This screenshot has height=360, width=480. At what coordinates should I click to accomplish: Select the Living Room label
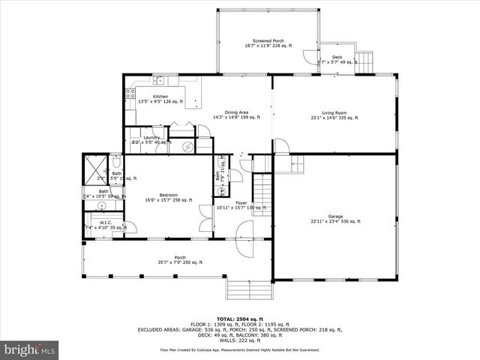(334, 112)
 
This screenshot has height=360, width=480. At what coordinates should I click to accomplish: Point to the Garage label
(334, 216)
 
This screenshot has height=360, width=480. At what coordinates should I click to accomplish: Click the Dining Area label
(236, 112)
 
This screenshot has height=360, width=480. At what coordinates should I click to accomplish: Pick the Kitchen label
(160, 97)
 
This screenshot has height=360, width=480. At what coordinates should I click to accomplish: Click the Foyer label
(241, 202)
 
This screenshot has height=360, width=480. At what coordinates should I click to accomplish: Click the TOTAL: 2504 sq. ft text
(239, 319)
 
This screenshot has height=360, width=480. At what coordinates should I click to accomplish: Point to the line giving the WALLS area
(239, 340)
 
